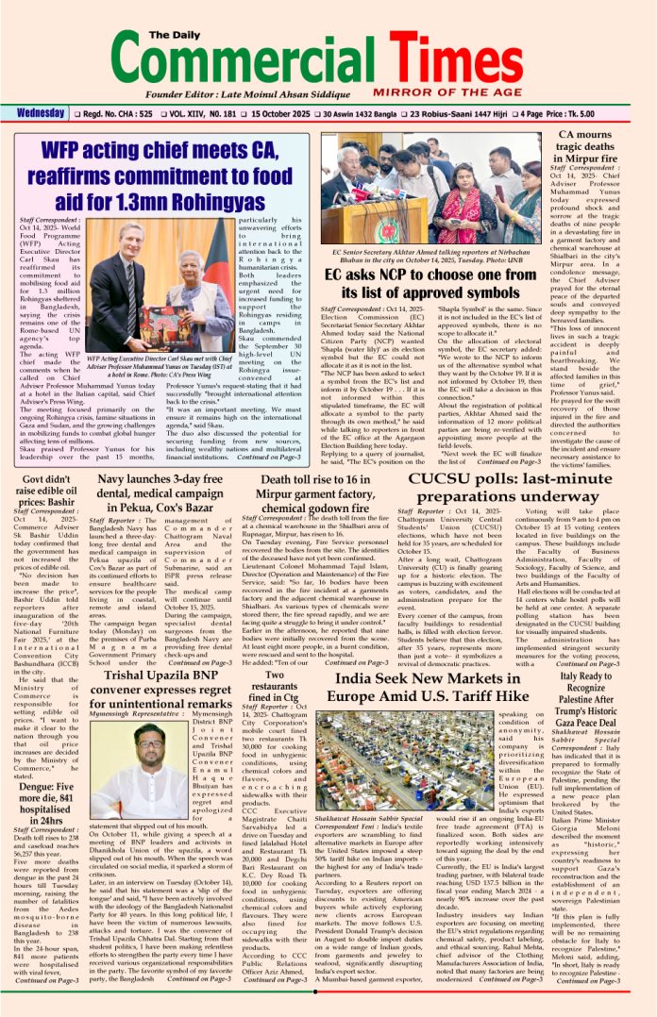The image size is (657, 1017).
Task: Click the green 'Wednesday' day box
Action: (x=40, y=114)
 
